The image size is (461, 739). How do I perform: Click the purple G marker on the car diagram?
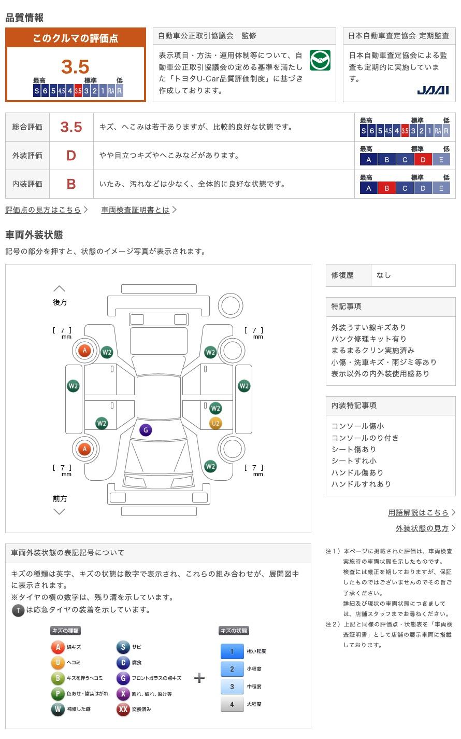146,430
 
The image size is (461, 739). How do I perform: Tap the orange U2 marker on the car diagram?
215,423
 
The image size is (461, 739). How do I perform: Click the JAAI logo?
433,90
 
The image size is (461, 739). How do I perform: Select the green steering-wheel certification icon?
320,60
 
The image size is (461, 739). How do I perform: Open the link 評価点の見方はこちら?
43,210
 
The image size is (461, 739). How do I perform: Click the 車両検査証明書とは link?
135,210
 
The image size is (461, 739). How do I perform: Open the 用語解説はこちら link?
418,512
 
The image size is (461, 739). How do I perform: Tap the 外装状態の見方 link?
422,528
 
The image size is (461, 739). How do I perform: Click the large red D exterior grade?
71,156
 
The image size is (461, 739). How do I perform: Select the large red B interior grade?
71,184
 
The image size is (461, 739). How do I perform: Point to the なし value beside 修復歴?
384,275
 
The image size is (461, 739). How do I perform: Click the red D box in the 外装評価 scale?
423,160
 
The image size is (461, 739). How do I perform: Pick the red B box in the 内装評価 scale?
387,188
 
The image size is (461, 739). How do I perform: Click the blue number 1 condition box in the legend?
232,651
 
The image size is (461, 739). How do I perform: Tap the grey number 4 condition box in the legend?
232,704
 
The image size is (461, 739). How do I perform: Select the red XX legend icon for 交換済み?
123,709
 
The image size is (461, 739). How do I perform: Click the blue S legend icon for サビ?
123,647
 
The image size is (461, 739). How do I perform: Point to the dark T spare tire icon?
18,610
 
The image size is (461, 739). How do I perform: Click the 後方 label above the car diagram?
60,302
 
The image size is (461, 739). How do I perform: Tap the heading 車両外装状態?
34,235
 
